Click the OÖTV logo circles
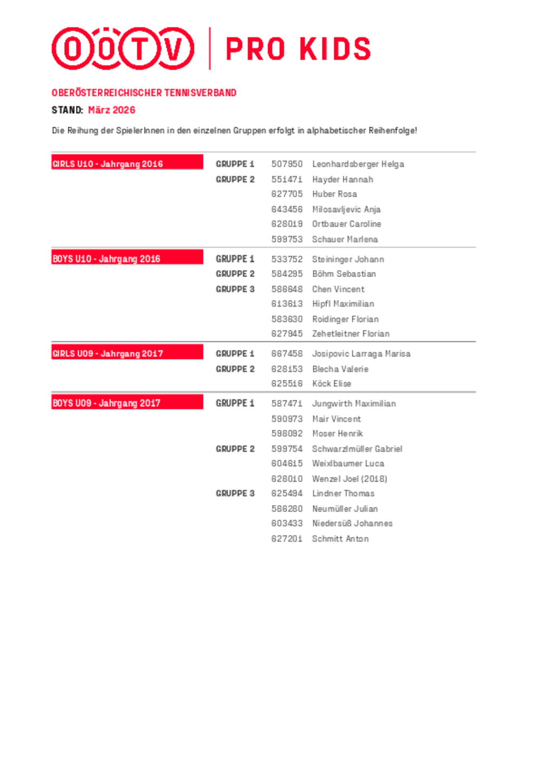click(123, 49)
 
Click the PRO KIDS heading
click(298, 49)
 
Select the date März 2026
click(112, 110)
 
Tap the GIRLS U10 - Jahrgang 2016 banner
click(127, 163)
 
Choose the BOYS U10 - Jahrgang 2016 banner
click(127, 258)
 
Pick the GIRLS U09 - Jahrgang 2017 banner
click(127, 353)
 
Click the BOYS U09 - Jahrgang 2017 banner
click(127, 403)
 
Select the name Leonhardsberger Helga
click(358, 164)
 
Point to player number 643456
click(287, 209)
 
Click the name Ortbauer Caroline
click(347, 224)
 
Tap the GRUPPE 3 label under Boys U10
click(235, 289)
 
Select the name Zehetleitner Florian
click(350, 334)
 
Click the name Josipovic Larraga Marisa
click(361, 354)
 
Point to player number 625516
click(287, 384)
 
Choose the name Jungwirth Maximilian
click(354, 404)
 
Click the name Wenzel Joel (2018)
click(349, 479)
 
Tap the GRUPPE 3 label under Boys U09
click(235, 493)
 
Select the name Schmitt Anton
click(340, 538)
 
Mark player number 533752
click(287, 259)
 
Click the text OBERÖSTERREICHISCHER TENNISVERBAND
click(144, 93)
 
